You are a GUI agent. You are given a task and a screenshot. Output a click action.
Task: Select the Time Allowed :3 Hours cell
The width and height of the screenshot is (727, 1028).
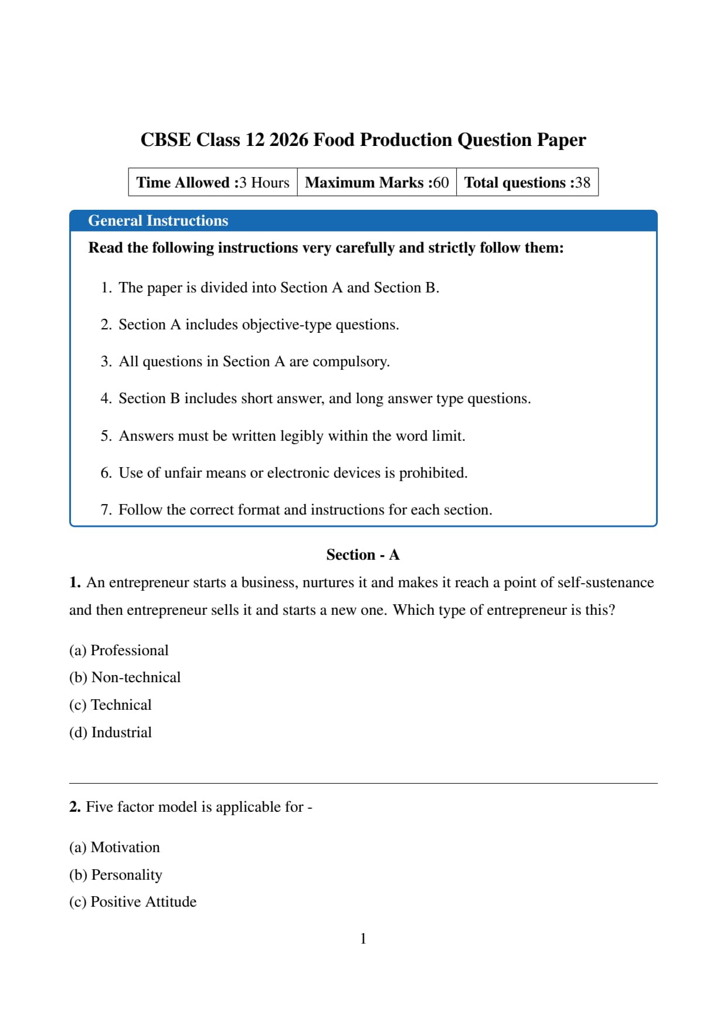213,182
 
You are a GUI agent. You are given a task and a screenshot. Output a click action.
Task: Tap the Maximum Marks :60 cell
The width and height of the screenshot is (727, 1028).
376,182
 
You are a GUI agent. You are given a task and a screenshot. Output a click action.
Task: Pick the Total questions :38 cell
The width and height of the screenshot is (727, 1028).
527,182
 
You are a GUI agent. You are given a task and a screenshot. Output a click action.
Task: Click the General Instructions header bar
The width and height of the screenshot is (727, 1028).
363,220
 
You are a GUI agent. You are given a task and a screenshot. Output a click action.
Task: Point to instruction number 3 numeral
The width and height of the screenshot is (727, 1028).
106,362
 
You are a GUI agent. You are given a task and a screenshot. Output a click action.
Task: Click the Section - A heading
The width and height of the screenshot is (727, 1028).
363,555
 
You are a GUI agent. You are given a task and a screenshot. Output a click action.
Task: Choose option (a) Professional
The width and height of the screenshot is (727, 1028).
119,651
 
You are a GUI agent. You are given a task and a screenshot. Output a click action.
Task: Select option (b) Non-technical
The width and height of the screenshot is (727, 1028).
125,678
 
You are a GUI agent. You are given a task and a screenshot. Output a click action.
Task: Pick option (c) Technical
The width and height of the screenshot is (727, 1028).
110,705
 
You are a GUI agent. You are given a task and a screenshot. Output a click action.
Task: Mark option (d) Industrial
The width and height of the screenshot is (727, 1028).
110,733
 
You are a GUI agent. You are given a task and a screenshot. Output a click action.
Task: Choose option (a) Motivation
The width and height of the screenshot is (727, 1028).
114,847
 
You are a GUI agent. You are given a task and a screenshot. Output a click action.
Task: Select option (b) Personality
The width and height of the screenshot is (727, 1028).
115,875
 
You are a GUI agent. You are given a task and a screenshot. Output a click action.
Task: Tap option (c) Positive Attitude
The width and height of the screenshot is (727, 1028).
133,902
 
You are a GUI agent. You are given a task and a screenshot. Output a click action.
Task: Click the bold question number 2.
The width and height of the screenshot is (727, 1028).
74,807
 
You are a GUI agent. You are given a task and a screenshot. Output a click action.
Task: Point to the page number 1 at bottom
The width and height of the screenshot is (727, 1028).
363,939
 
